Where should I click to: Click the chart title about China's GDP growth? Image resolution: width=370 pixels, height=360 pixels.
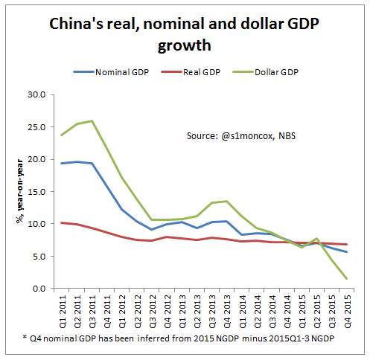185,34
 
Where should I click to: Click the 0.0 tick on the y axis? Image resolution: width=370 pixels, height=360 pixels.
38,289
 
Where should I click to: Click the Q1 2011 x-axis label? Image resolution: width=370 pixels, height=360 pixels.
63,313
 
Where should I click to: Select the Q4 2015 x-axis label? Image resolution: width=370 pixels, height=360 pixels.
347,313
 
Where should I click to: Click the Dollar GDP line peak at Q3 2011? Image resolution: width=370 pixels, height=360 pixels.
92,120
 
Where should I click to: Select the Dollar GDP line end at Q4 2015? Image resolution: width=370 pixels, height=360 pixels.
347,279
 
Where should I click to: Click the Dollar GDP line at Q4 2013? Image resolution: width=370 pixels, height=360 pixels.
226,201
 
